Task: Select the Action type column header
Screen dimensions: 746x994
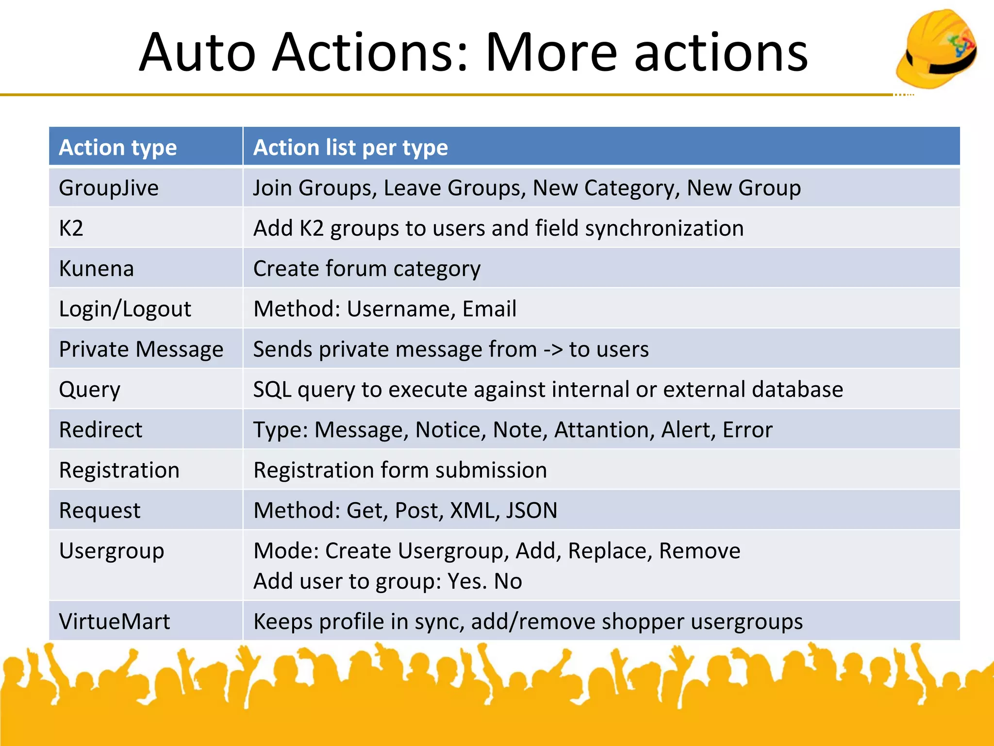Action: (x=118, y=147)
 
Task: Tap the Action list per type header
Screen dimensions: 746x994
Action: (x=350, y=147)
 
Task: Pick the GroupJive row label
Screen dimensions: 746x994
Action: (x=109, y=188)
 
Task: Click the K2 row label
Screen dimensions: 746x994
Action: (x=71, y=228)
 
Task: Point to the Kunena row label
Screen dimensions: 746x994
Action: (x=96, y=269)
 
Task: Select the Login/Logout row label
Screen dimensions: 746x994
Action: (x=125, y=309)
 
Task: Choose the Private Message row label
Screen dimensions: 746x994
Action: (x=141, y=349)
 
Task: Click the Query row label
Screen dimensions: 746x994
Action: (x=89, y=390)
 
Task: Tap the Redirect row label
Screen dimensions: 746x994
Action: (x=100, y=430)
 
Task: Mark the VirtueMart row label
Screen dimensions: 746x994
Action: (x=114, y=621)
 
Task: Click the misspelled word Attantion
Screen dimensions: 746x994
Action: (x=601, y=430)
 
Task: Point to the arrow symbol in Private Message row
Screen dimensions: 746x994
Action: (x=553, y=350)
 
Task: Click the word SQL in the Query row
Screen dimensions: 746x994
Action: (x=272, y=390)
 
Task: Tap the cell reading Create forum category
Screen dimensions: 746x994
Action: (x=366, y=269)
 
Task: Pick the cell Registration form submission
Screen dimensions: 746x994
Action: (x=400, y=470)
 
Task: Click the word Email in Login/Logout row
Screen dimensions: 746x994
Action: (x=489, y=309)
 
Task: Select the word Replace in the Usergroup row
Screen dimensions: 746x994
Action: (x=610, y=551)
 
